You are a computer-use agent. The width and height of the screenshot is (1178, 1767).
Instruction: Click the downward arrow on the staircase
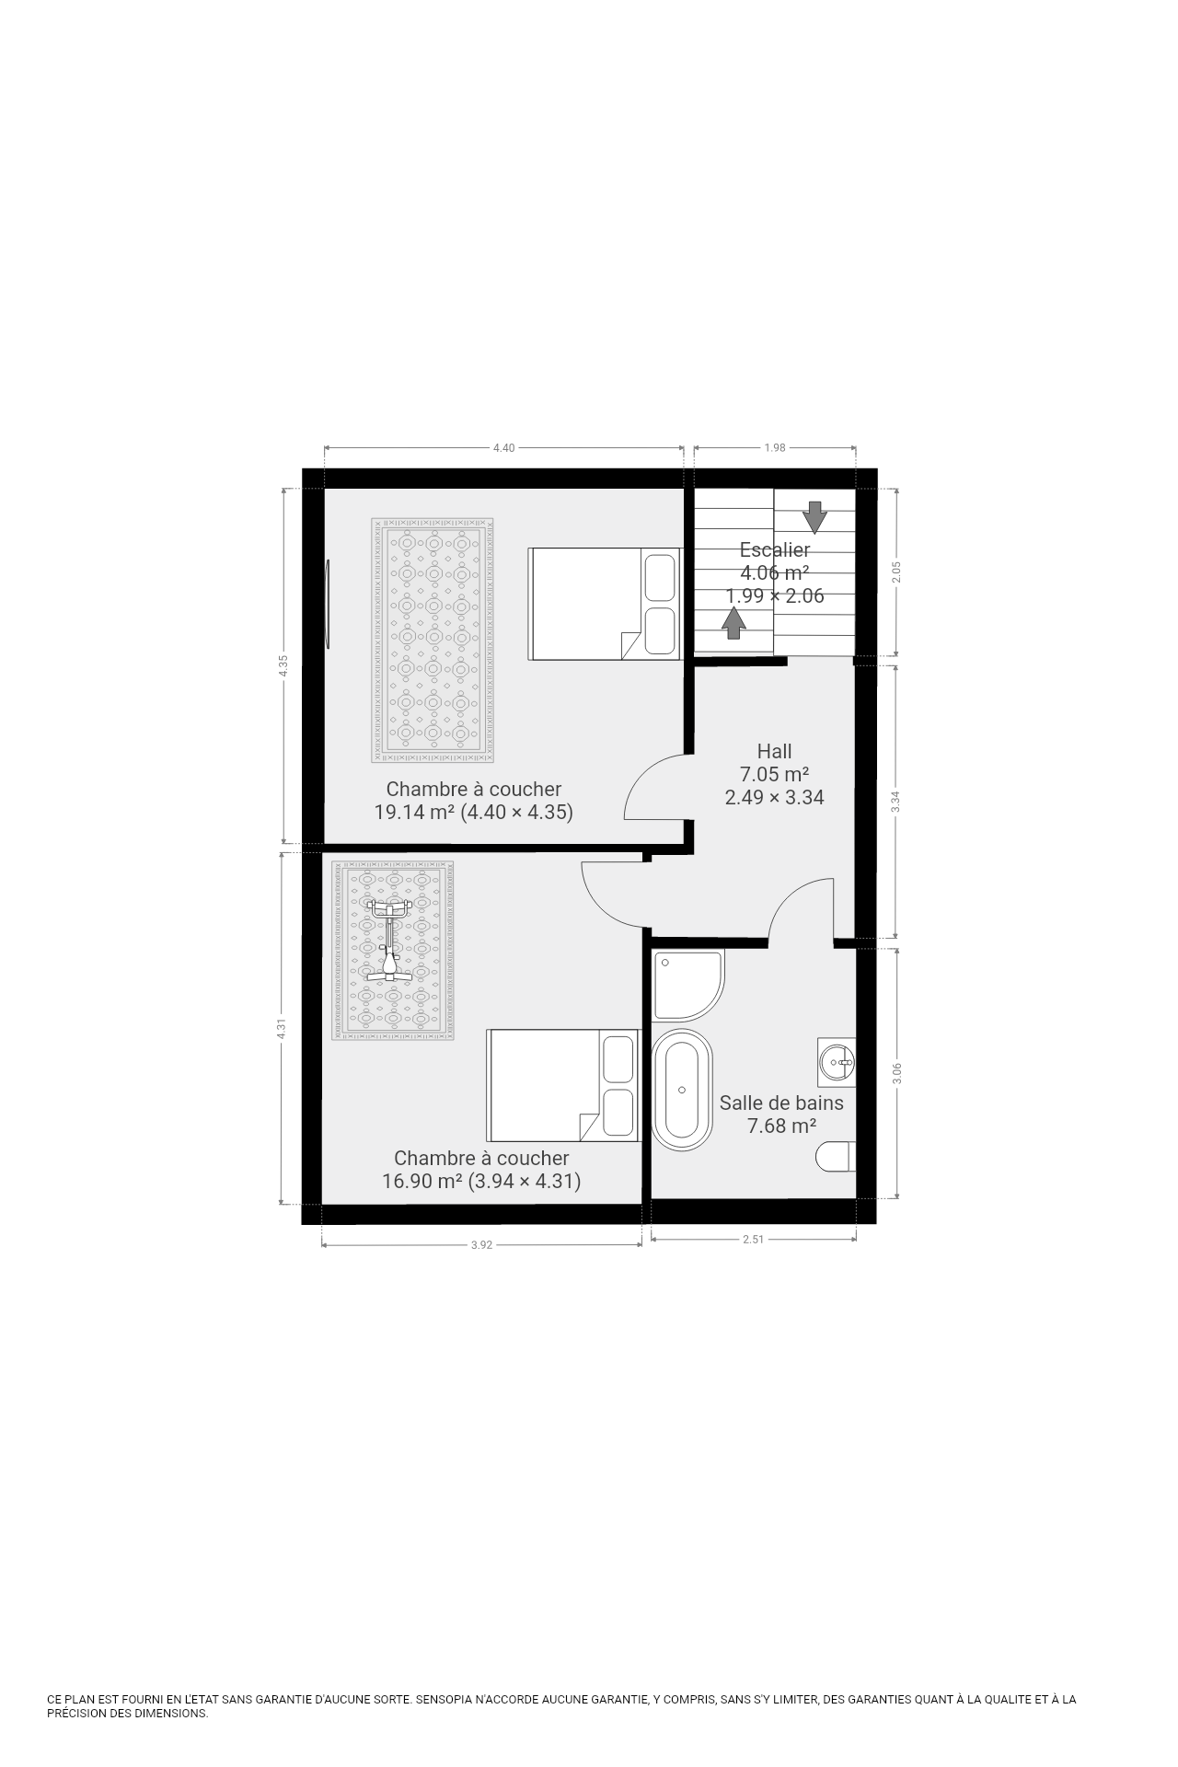coord(814,516)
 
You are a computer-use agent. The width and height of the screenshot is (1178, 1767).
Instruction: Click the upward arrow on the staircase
coord(733,623)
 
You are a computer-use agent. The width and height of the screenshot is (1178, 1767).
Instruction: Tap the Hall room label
coord(774,751)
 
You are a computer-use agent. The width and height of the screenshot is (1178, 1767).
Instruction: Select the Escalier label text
coord(775,549)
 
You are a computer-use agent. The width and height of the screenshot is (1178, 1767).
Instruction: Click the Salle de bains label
coord(781,1103)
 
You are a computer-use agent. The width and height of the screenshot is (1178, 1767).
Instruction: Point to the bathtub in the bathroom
coord(682,1090)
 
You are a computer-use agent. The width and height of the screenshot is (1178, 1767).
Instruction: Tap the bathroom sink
coord(837,1062)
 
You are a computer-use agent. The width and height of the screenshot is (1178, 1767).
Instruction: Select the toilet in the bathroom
coord(837,1157)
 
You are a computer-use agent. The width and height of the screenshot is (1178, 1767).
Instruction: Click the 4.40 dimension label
coord(504,448)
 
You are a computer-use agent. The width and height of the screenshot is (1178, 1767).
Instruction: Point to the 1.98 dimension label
coord(775,448)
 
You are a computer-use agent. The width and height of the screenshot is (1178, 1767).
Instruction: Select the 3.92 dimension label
coord(482,1245)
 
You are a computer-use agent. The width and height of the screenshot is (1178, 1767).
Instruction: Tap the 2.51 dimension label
coord(754,1239)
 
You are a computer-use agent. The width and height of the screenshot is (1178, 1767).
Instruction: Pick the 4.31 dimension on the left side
coord(282,1029)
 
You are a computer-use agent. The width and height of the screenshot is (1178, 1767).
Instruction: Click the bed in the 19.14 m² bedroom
coord(604,604)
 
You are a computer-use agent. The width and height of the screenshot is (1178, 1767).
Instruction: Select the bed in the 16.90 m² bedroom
coord(562,1085)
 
